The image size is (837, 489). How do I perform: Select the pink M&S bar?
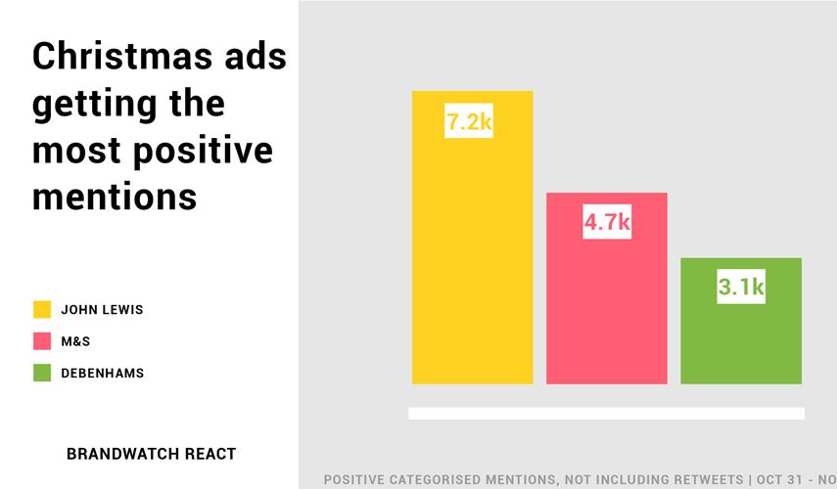pyautogui.click(x=606, y=303)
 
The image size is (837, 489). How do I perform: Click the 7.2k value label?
pyautogui.click(x=468, y=123)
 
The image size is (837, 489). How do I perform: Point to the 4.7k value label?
pyautogui.click(x=606, y=223)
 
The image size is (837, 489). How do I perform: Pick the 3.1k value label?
pyautogui.click(x=740, y=288)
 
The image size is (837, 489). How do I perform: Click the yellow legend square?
pyautogui.click(x=41, y=310)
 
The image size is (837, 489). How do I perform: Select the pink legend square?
pyautogui.click(x=41, y=341)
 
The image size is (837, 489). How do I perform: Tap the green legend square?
pyautogui.click(x=41, y=373)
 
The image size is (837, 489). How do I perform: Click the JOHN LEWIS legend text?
pyautogui.click(x=102, y=310)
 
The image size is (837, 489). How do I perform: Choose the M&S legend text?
pyautogui.click(x=75, y=341)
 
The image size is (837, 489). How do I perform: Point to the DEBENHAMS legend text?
pyautogui.click(x=102, y=373)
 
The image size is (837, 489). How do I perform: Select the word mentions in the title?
pyautogui.click(x=114, y=197)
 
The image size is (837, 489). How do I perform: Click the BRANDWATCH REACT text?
pyautogui.click(x=151, y=454)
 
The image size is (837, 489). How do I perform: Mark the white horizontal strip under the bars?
pyautogui.click(x=606, y=414)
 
